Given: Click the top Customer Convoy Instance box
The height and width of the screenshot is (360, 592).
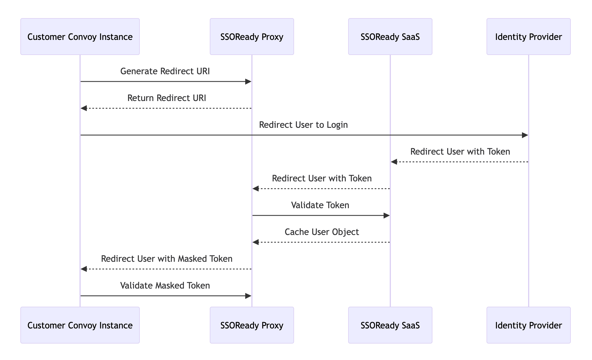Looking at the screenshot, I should point(80,37).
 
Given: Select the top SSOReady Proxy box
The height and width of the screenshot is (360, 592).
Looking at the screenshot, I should point(252,37).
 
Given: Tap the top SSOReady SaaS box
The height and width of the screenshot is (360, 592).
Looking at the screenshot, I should point(390,37).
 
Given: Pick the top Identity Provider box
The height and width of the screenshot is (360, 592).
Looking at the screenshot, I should point(528,37).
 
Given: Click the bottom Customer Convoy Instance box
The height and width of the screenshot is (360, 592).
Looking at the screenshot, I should point(80,325).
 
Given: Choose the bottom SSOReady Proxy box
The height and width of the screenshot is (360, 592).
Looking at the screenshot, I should point(252,325).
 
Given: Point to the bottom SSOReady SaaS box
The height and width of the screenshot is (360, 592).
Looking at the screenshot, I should point(390,325).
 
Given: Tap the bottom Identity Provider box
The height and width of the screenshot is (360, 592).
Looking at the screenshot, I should point(528,325).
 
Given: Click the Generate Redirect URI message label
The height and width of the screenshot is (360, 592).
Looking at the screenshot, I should point(165,71).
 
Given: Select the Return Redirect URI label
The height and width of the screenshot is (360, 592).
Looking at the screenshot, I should point(167,98).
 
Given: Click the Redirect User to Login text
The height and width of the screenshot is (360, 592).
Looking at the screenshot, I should point(303,125).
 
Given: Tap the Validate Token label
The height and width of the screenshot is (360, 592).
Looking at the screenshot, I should point(320,205).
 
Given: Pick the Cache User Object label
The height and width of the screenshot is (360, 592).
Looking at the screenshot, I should point(322,232).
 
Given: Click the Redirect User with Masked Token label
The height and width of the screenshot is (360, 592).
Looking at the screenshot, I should point(167,259).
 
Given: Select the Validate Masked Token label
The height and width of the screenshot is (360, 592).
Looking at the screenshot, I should point(165,285).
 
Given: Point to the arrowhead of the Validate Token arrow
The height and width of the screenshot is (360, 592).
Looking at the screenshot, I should point(386,215).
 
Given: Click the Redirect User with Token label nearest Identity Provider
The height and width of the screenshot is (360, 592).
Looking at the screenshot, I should point(460,152).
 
